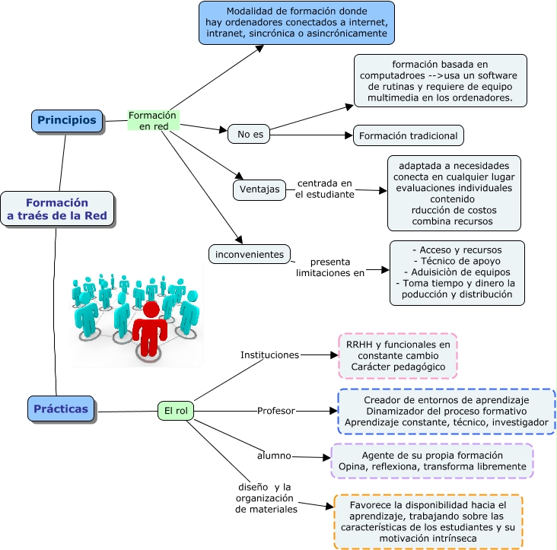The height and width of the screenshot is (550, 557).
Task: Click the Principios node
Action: pyautogui.click(x=67, y=121)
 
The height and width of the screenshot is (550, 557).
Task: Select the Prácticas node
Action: pyautogui.click(x=61, y=409)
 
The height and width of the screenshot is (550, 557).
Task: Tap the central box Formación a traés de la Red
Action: pyautogui.click(x=57, y=208)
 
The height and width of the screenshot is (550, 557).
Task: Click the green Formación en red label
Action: pyautogui.click(x=154, y=120)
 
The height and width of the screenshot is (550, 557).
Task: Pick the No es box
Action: pyautogui.click(x=249, y=134)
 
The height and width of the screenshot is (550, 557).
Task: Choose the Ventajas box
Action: pyautogui.click(x=259, y=189)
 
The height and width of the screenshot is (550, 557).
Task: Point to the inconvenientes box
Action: pyautogui.click(x=250, y=254)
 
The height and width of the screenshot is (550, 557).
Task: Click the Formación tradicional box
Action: pyautogui.click(x=409, y=135)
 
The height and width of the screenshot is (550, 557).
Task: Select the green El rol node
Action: pyautogui.click(x=176, y=411)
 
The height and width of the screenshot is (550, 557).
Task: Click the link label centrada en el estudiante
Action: pyautogui.click(x=325, y=189)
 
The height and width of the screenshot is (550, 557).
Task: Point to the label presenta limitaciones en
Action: pyautogui.click(x=330, y=267)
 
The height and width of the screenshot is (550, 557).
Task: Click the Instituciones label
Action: pyautogui.click(x=269, y=355)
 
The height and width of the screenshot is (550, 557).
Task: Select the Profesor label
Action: pyautogui.click(x=276, y=411)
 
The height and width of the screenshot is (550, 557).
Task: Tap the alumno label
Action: pyautogui.click(x=274, y=456)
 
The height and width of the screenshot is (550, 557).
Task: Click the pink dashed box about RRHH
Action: pyautogui.click(x=398, y=356)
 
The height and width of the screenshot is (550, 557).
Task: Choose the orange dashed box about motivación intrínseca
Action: pyautogui.click(x=428, y=522)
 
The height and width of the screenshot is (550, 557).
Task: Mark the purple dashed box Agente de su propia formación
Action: pyautogui.click(x=432, y=461)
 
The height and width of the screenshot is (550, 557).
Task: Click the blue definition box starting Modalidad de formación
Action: pyautogui.click(x=297, y=23)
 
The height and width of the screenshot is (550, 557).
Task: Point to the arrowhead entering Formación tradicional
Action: pyautogui.click(x=349, y=135)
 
